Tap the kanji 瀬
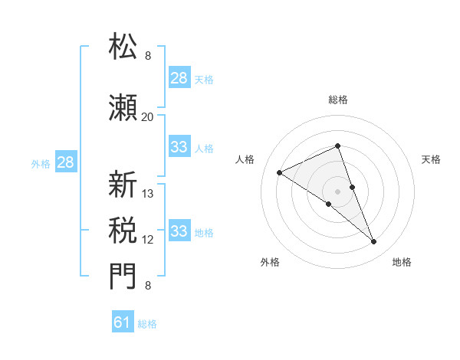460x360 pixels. tap(123, 107)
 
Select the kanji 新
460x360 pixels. tap(123, 185)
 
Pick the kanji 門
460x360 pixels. tap(123, 277)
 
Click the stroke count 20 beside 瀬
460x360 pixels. tap(147, 116)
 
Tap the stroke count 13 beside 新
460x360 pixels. tap(149, 194)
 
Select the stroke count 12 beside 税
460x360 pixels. tap(148, 240)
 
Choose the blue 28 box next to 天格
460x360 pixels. tap(179, 77)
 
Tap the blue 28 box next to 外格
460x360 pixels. tap(65, 162)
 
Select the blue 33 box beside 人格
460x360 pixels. tap(179, 147)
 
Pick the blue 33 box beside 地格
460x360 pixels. tap(179, 231)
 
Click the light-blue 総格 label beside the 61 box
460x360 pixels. tap(148, 324)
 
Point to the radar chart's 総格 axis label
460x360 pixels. tap(338, 100)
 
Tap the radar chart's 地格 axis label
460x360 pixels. tap(402, 263)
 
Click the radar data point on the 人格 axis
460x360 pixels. tap(280, 173)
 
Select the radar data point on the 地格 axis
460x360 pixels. tap(374, 242)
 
